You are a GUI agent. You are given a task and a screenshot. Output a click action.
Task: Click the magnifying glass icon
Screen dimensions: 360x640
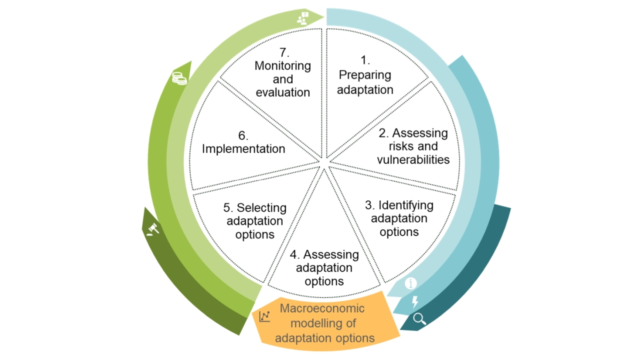pos(419,318)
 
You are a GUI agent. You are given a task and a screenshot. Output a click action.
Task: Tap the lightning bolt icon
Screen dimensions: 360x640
pos(414,301)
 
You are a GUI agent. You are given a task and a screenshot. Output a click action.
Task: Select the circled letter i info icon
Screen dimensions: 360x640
pos(410,284)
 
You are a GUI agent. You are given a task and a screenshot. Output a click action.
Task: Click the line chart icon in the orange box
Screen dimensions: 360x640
pos(264,316)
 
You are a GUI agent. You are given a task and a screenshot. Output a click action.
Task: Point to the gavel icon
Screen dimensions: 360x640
pos(153,229)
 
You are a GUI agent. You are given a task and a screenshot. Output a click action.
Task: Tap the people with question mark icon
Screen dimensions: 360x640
pos(303,18)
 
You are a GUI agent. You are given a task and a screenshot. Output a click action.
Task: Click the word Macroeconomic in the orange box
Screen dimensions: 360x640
pos(322,308)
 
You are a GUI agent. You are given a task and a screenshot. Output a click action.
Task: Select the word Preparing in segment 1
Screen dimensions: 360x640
pos(365,75)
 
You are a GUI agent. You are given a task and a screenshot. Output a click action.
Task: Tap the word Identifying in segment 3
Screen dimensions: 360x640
pos(406,205)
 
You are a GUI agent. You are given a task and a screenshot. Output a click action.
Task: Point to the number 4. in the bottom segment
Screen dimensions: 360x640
pos(295,254)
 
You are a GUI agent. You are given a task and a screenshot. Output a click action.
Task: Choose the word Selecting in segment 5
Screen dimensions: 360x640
pos(261,207)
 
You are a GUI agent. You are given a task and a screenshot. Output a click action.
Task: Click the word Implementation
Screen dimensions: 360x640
pos(243,149)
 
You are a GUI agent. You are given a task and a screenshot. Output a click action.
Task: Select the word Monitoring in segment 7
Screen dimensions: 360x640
pos(282,66)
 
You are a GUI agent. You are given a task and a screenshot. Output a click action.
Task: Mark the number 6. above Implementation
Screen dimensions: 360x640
pos(243,135)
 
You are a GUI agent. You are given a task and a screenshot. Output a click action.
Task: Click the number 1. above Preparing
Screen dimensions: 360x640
pos(365,60)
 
